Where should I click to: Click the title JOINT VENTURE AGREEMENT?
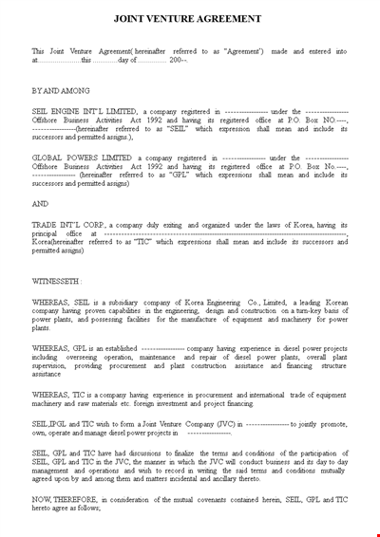(189, 18)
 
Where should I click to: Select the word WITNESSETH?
(56, 282)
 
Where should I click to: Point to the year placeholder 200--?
(178, 60)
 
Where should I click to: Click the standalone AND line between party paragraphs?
(40, 203)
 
